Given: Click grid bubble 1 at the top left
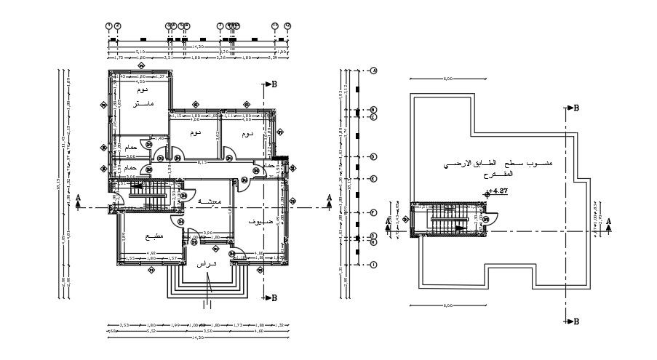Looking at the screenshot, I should point(109,25).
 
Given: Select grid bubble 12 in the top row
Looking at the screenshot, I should point(287,25).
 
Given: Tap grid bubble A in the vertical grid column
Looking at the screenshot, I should point(373,71).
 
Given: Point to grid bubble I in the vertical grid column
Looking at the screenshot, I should point(373,265).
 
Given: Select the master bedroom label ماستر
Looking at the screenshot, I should point(143,105).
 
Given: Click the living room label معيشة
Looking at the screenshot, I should point(190,200).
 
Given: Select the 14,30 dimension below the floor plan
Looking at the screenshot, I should point(197,337).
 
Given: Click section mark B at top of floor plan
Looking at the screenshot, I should point(274,84).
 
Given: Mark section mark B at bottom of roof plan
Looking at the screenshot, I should point(576,320).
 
